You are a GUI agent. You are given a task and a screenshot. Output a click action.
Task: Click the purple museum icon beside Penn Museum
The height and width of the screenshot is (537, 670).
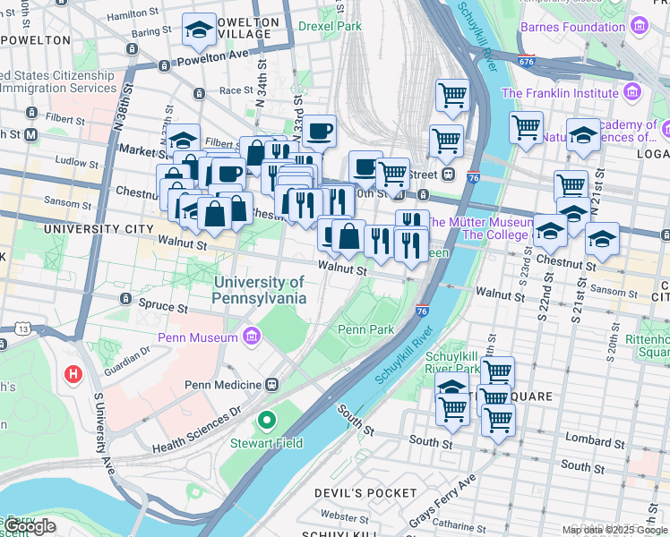[252, 337]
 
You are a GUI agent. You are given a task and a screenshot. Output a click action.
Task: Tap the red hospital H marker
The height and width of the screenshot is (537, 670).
[72, 373]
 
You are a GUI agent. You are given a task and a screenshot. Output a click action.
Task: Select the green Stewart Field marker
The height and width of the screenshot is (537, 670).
[266, 420]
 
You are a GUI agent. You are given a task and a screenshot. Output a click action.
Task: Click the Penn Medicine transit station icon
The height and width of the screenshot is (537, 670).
[271, 385]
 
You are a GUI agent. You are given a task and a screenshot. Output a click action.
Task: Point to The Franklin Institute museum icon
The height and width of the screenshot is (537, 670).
[632, 92]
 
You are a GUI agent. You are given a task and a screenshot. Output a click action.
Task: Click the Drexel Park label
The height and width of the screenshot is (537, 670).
[330, 27]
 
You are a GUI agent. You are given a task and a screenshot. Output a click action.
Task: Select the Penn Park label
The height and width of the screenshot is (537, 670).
[365, 329]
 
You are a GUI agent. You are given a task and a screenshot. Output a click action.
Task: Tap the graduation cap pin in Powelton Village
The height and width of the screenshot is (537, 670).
[199, 32]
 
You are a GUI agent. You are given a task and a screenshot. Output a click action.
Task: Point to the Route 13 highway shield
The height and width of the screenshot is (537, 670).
[21, 330]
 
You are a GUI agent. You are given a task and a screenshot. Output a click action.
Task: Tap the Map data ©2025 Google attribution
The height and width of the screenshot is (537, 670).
[614, 530]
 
